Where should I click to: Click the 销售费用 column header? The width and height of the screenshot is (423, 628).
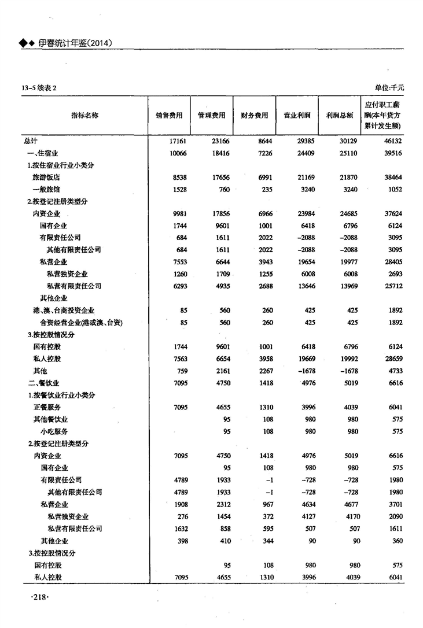click(169, 115)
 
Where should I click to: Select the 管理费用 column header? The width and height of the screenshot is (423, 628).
click(212, 115)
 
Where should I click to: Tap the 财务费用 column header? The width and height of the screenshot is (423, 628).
click(255, 115)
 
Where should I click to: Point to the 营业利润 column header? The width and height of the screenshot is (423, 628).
click(297, 115)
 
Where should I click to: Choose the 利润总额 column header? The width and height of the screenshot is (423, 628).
click(340, 115)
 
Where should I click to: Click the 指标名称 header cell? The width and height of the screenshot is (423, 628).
click(84, 115)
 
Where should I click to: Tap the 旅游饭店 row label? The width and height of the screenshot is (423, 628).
click(47, 177)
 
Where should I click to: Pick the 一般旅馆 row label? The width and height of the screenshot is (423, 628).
click(47, 189)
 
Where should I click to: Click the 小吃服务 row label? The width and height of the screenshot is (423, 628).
click(54, 431)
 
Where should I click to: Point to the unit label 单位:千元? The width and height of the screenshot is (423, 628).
click(389, 87)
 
